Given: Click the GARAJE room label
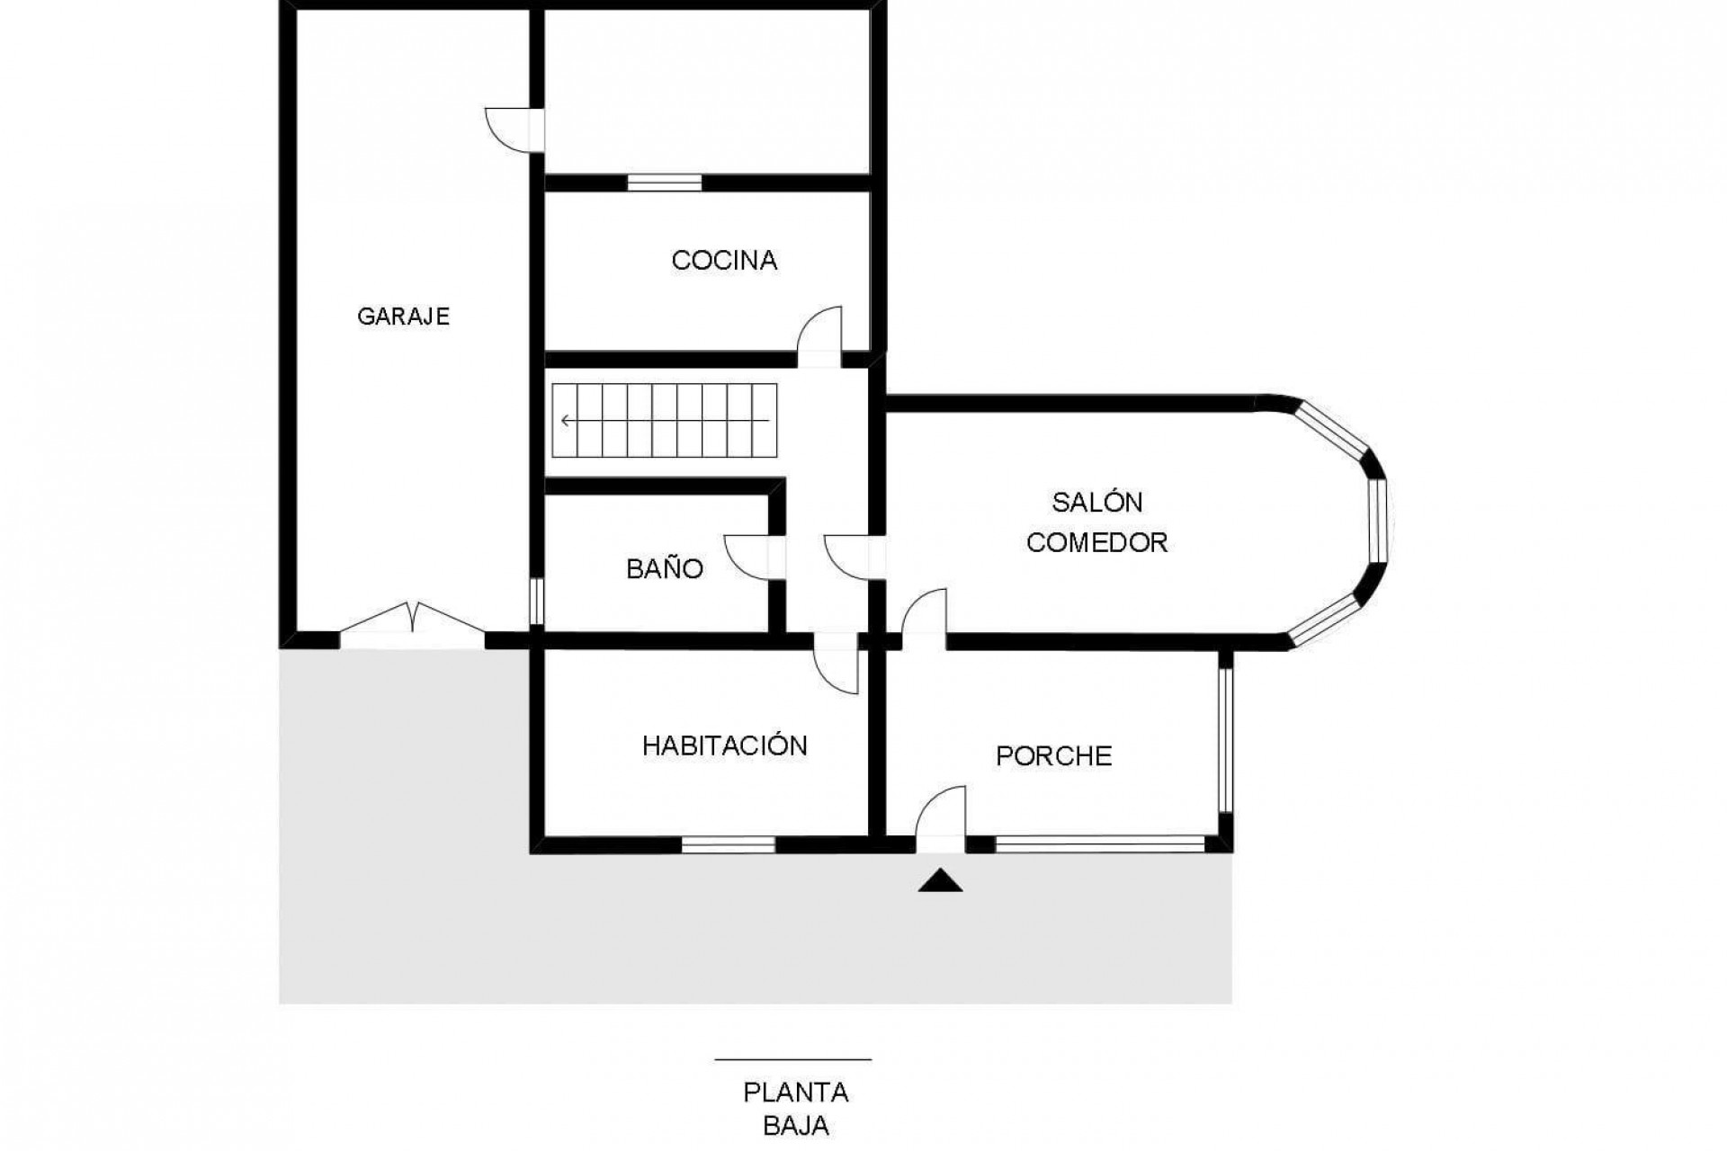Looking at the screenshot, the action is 403,317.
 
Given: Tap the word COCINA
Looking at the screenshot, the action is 724,261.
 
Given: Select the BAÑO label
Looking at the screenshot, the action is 665,568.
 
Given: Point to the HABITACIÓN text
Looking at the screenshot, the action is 725,745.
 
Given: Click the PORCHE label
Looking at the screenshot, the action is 1054,756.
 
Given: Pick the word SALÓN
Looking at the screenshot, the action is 1097,501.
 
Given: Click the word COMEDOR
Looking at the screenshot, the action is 1097,543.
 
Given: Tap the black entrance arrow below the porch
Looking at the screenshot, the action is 940,880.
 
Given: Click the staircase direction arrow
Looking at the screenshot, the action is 666,420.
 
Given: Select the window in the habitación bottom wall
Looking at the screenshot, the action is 729,844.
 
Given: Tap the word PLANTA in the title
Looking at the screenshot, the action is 796,1093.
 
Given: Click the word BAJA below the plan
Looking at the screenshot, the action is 796,1126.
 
